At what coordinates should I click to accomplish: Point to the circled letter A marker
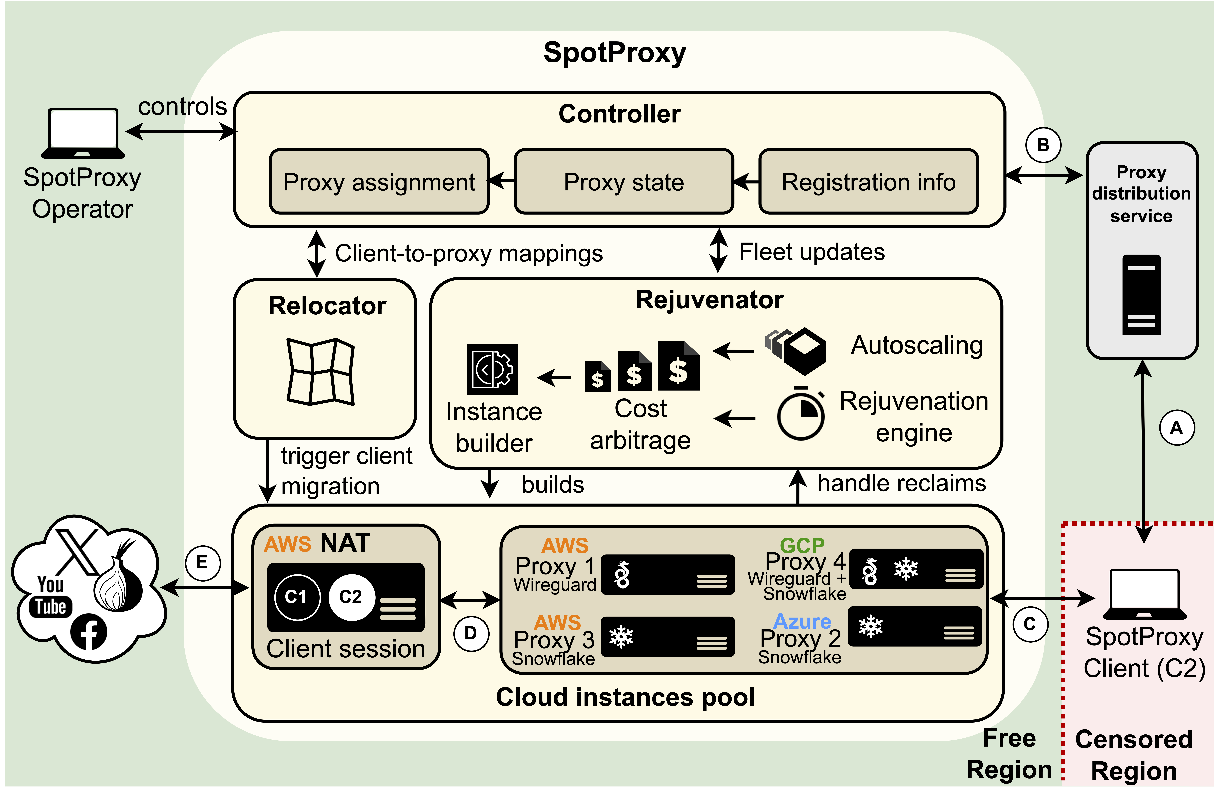1177,427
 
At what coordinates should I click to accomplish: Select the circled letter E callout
203,563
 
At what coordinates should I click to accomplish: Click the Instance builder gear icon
492,369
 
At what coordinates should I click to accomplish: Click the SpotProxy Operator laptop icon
83,133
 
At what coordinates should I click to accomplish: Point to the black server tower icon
1142,295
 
